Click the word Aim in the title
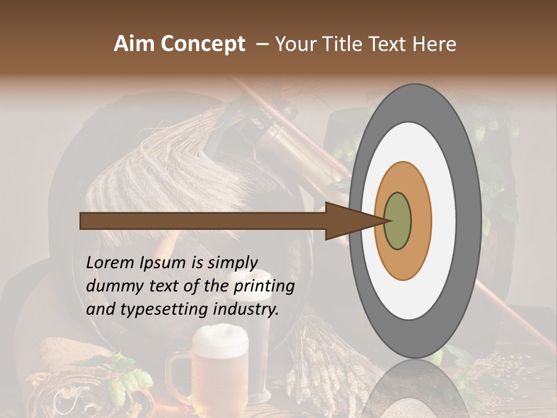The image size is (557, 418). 135,44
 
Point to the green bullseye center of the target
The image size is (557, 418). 398,221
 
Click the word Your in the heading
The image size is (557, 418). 294,44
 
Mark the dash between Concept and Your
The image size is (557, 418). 262,44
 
